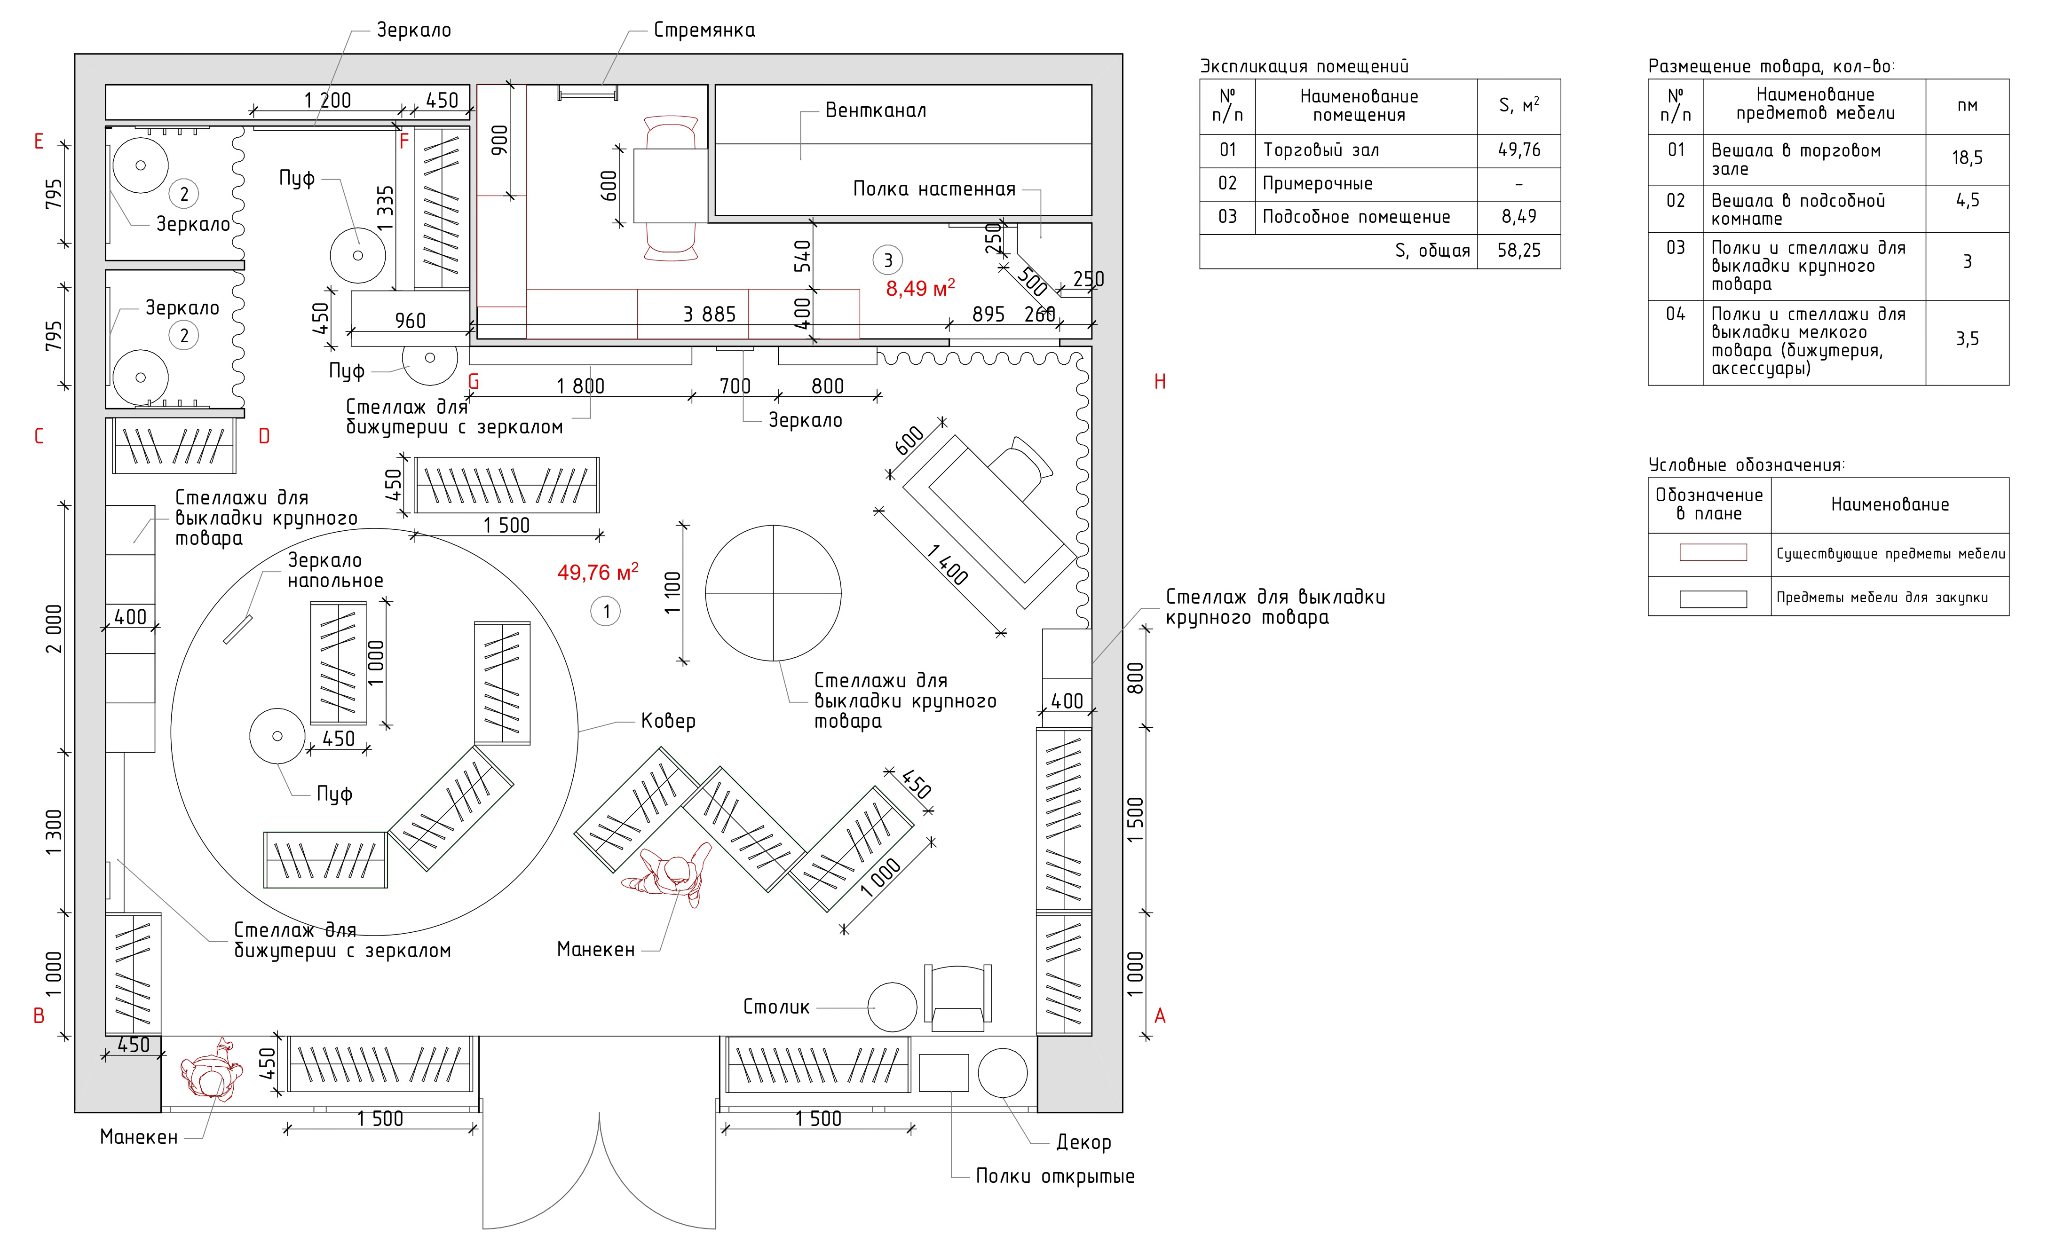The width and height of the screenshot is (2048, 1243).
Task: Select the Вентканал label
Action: (x=875, y=110)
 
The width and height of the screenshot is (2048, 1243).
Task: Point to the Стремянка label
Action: (x=704, y=31)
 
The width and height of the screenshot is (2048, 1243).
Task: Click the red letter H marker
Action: (x=1160, y=382)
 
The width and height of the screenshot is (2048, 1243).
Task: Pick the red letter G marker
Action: (x=474, y=382)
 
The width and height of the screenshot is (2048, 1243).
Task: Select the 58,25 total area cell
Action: (x=1518, y=251)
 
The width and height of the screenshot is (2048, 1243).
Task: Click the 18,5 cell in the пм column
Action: (x=1967, y=158)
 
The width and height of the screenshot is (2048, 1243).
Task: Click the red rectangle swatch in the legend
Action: (x=1713, y=552)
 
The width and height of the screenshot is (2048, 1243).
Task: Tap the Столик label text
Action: (x=775, y=1007)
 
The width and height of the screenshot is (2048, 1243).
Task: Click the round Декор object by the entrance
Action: (x=1003, y=1073)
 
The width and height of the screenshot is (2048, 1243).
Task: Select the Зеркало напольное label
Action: (x=335, y=571)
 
